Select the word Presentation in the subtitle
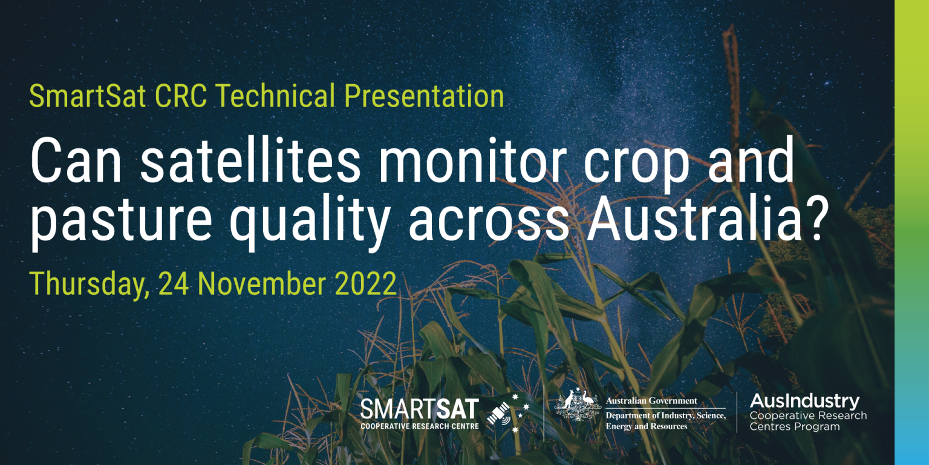[x=424, y=97]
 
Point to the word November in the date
[x=262, y=283]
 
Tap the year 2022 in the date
[x=367, y=283]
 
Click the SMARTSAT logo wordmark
[x=419, y=409]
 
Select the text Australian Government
[x=651, y=401]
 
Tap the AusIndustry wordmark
[x=804, y=401]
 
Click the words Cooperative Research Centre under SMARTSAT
[x=419, y=426]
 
